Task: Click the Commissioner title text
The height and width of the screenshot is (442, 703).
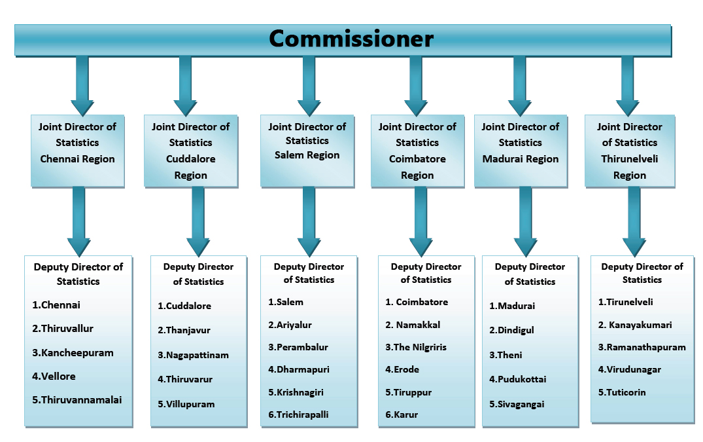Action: [351, 39]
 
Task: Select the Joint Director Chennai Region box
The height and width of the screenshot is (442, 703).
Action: [77, 150]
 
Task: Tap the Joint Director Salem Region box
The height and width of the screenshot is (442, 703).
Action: [307, 150]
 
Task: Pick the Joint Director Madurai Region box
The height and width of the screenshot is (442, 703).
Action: [521, 150]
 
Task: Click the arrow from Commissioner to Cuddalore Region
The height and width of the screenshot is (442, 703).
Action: [185, 85]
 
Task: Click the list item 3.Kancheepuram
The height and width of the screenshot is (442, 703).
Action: [73, 352]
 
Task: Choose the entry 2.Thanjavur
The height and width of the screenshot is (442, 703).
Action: [184, 330]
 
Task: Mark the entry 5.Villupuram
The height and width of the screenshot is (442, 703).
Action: [186, 404]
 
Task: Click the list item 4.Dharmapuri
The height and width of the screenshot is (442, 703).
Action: [298, 369]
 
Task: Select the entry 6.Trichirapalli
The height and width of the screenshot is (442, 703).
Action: [298, 414]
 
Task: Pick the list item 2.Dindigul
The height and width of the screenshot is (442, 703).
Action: [511, 331]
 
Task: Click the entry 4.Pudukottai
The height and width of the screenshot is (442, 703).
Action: [517, 379]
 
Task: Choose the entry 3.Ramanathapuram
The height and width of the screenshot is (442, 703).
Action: [642, 347]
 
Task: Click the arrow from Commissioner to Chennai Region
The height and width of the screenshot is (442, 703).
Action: [82, 85]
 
